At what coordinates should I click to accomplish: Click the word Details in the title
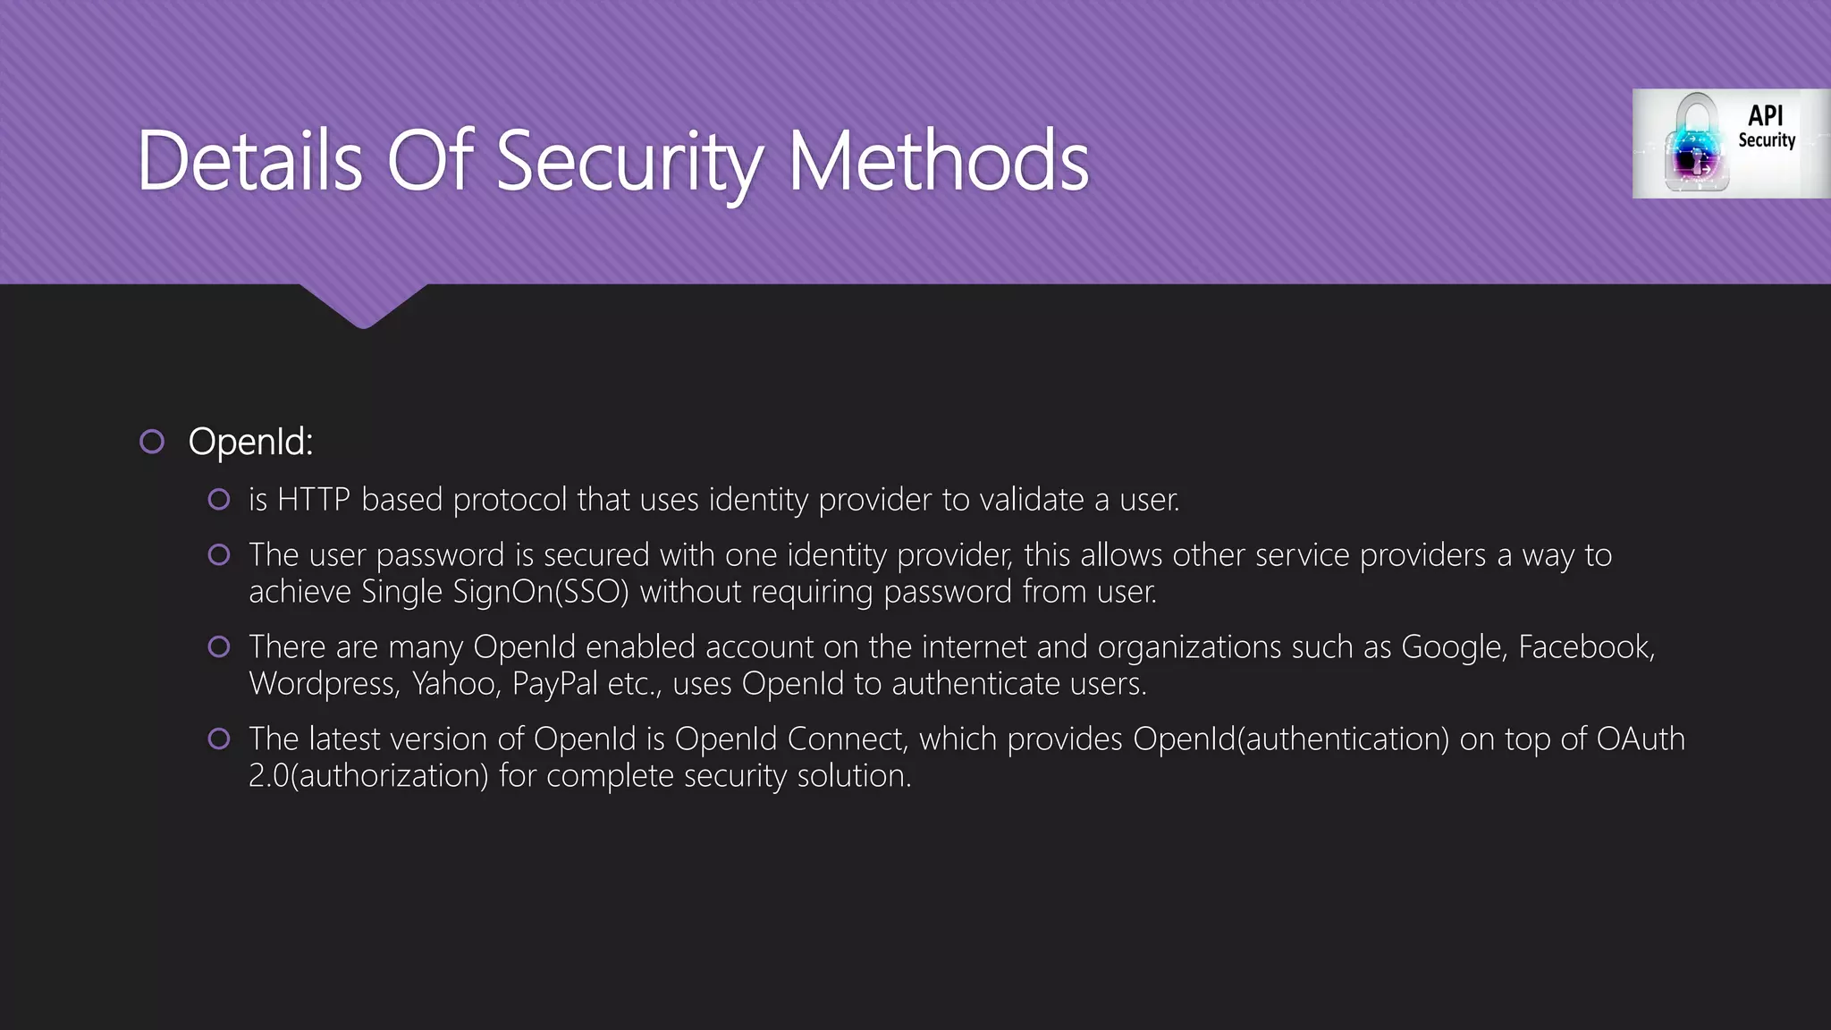249,161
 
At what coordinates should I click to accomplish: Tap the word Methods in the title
938,161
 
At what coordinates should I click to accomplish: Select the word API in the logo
1766,115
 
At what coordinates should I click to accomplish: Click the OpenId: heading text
250,442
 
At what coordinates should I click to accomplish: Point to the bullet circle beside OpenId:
152,442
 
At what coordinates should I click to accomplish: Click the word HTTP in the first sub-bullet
313,500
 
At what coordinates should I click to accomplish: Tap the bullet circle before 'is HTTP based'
219,500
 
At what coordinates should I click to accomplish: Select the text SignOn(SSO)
541,592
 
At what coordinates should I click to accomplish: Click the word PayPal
554,684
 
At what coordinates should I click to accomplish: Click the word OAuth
1641,739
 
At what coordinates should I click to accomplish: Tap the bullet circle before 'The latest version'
219,739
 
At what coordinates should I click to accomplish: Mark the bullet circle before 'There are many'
219,647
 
